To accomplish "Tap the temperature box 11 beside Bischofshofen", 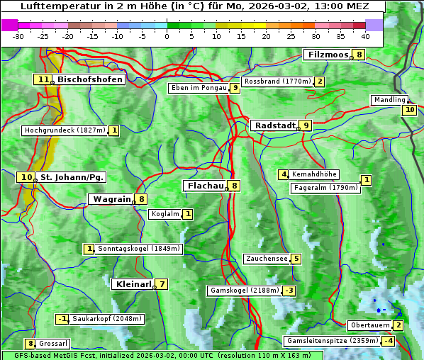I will click(43, 79).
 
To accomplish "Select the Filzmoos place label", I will click(328, 55).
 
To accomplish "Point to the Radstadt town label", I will click(274, 125).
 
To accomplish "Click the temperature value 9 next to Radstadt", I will click(306, 125).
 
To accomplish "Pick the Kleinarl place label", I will click(133, 284).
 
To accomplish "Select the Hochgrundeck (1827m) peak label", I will click(65, 130).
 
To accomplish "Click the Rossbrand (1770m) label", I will click(277, 81).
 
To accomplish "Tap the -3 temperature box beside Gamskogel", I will click(289, 291).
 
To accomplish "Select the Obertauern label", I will click(370, 325).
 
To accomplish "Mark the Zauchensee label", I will click(267, 259).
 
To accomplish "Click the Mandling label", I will click(389, 100).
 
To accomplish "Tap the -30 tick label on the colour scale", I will click(18, 35).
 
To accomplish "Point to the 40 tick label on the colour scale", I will click(365, 35).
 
